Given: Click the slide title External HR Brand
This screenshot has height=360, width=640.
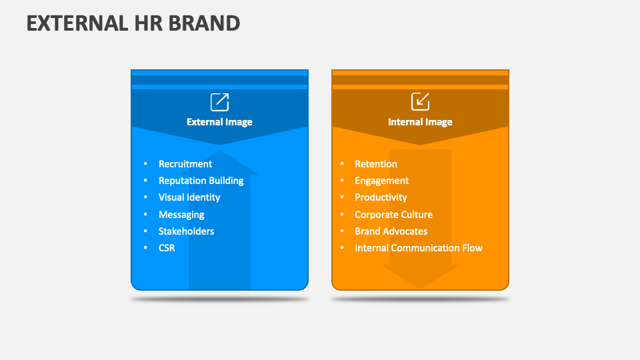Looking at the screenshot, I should point(133,23).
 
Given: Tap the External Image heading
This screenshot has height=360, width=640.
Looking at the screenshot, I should point(219,122).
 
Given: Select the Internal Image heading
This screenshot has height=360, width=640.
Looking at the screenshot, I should point(420,122).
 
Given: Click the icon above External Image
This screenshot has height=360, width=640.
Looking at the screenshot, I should point(219,102).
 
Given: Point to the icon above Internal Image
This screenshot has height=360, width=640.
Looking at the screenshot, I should point(420,102).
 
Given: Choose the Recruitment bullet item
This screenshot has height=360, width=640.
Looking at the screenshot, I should point(185,164).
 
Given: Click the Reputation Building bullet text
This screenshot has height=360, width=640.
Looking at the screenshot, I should point(201,181).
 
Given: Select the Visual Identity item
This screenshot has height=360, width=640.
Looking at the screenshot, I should point(189,197).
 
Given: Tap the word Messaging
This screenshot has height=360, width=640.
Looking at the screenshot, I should point(181,215).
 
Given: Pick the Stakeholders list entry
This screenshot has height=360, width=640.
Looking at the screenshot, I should point(186,231).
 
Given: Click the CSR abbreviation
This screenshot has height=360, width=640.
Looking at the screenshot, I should point(167,248).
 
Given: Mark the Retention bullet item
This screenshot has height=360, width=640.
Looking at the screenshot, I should point(376,164).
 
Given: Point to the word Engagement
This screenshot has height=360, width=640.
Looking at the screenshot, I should point(382,181).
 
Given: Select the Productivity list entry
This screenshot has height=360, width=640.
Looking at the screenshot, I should point(381,197).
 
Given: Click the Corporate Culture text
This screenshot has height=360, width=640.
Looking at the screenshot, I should point(393,215).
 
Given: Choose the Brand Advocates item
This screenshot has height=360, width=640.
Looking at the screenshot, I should point(391,231).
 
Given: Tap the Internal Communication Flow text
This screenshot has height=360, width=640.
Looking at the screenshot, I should point(419,248).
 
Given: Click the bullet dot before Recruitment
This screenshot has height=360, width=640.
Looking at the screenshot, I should point(145,164).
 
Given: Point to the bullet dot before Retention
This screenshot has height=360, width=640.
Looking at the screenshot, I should point(342,164).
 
